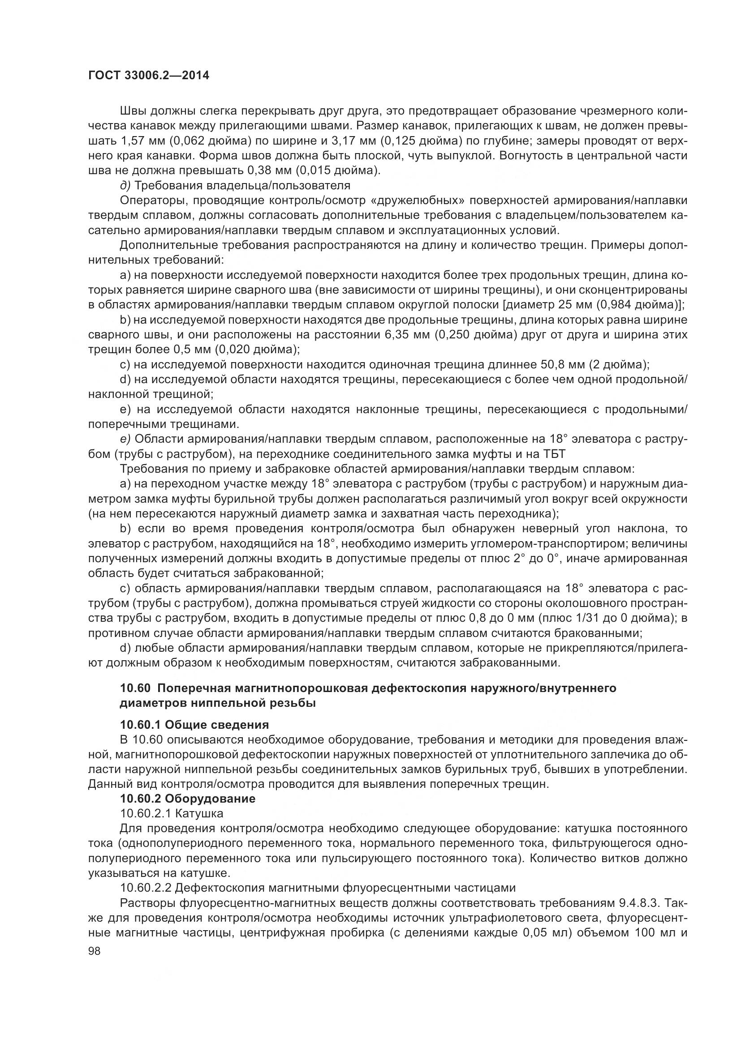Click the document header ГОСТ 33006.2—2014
[x=148, y=76]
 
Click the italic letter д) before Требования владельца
[x=125, y=185]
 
